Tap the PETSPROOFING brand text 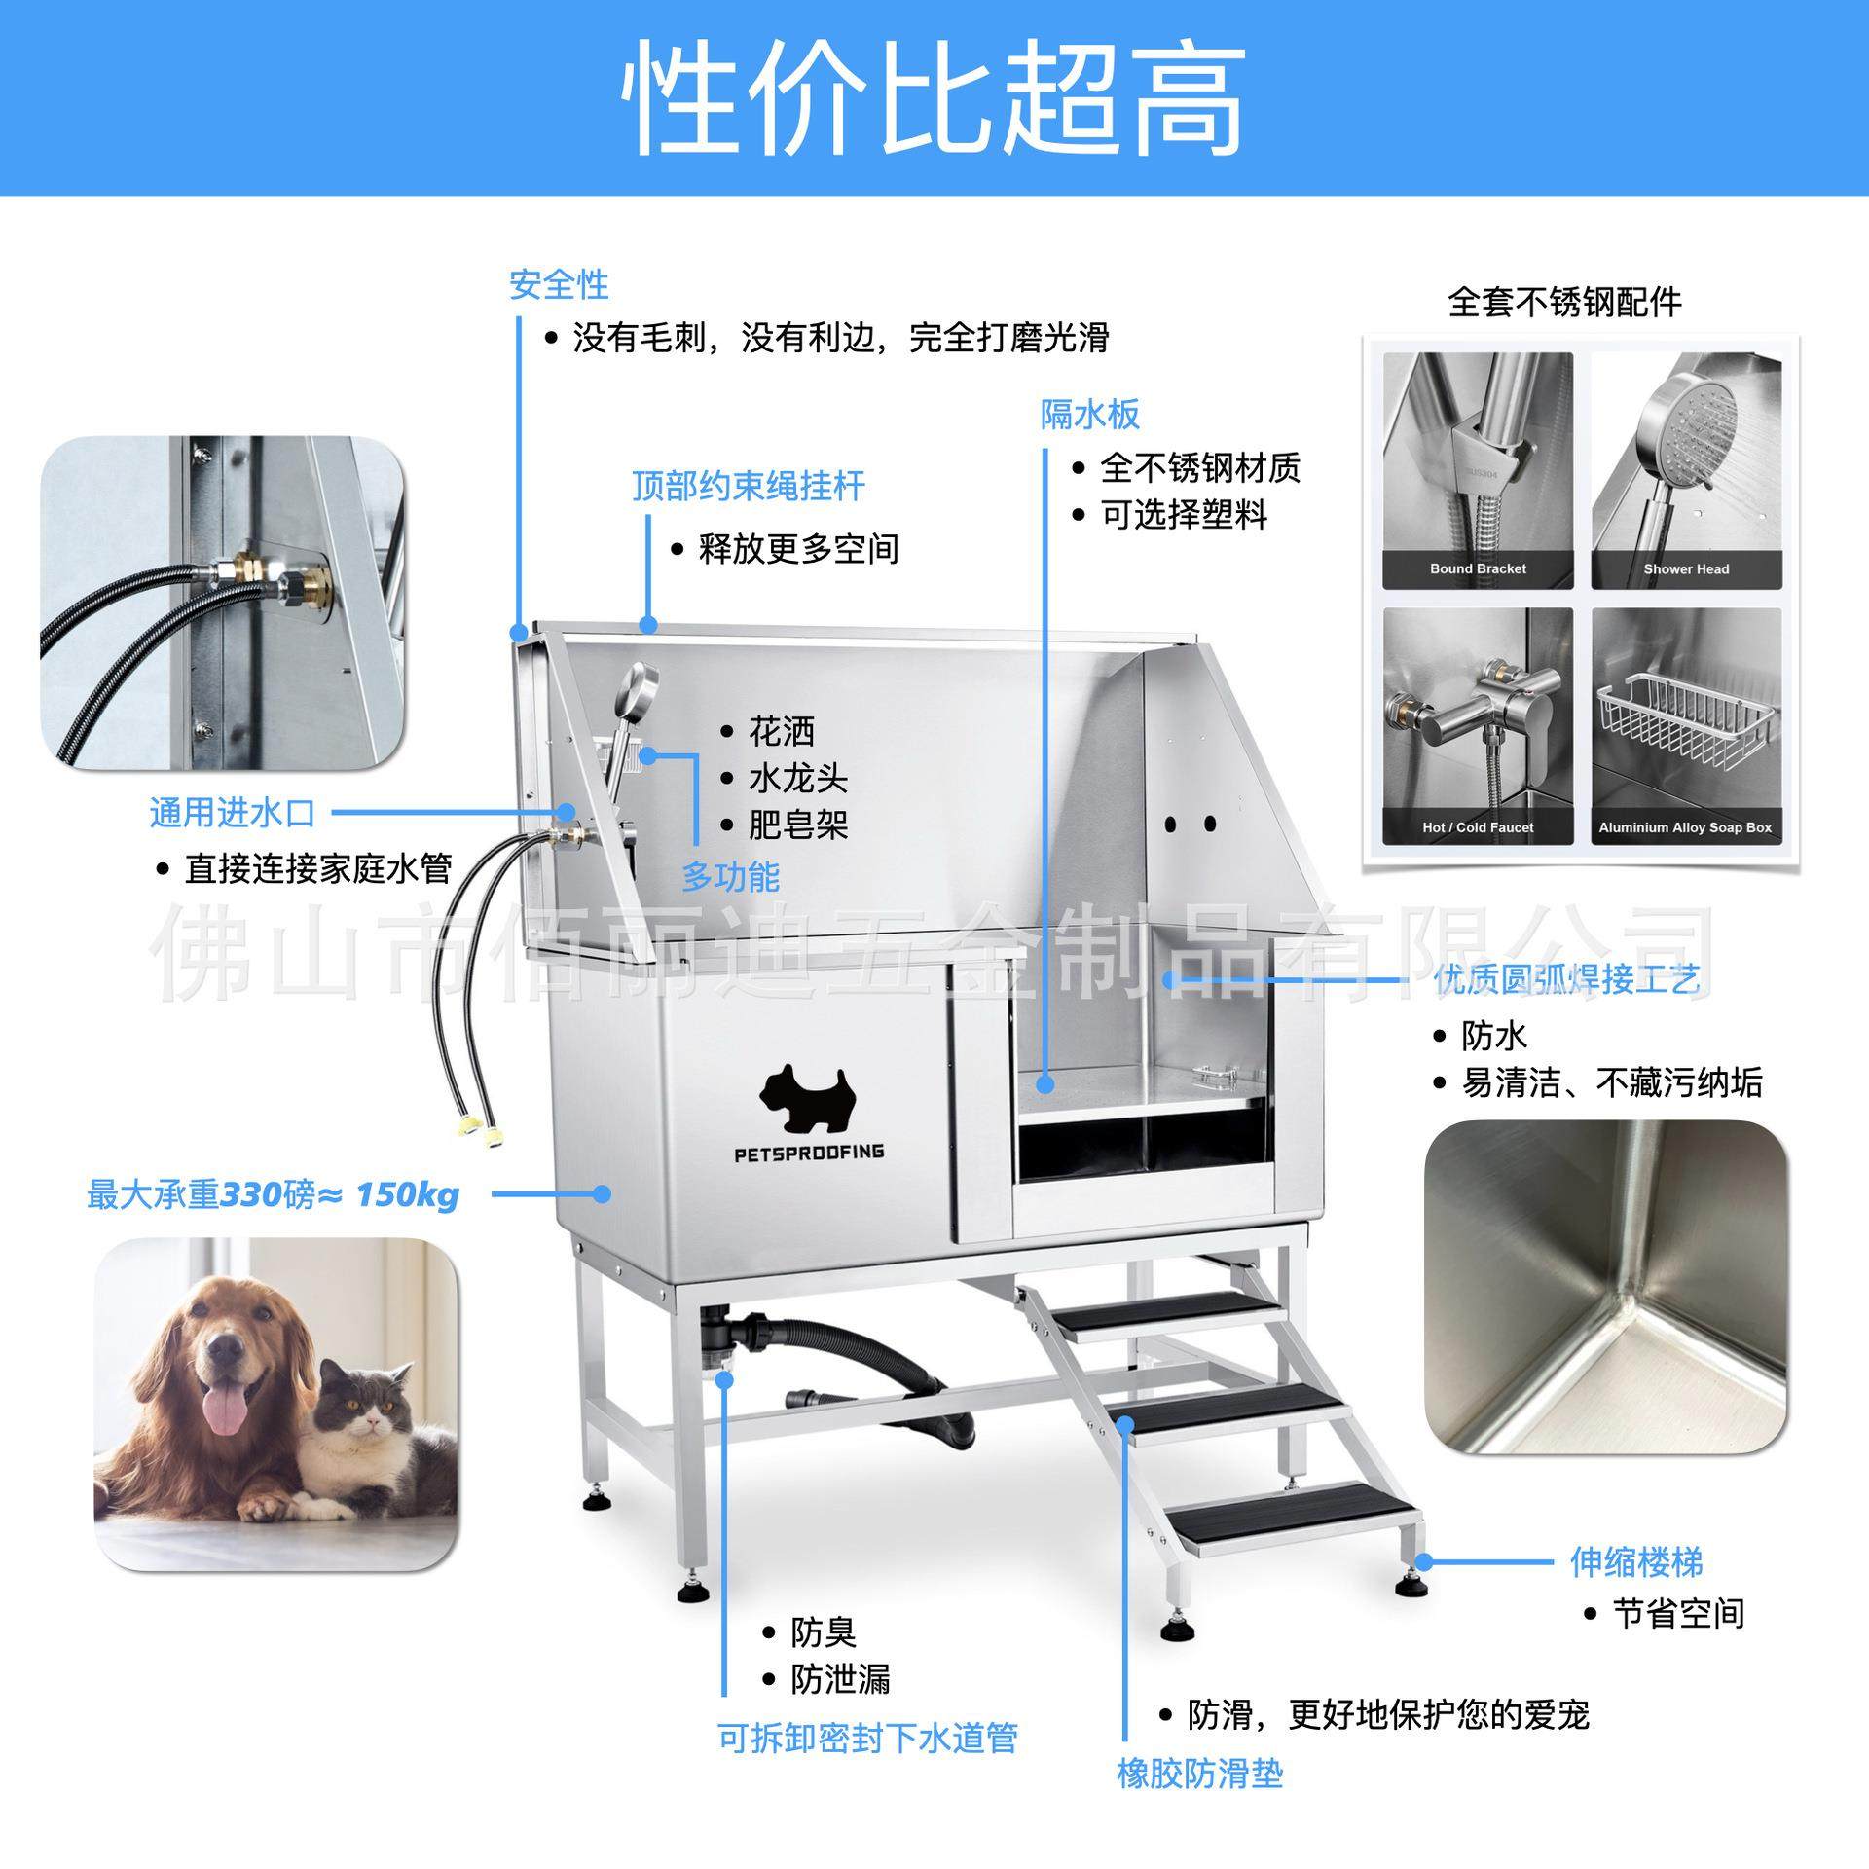(809, 1153)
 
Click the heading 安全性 (559, 285)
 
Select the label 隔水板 (1089, 415)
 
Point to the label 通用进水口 (233, 813)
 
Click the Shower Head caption (1686, 569)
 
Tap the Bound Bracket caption (1478, 569)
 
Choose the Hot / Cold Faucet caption (1478, 827)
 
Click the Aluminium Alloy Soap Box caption (1685, 827)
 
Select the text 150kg (407, 1194)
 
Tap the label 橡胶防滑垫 (1199, 1774)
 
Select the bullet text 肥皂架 (797, 825)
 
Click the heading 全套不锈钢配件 (1564, 304)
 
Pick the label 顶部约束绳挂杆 (748, 487)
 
